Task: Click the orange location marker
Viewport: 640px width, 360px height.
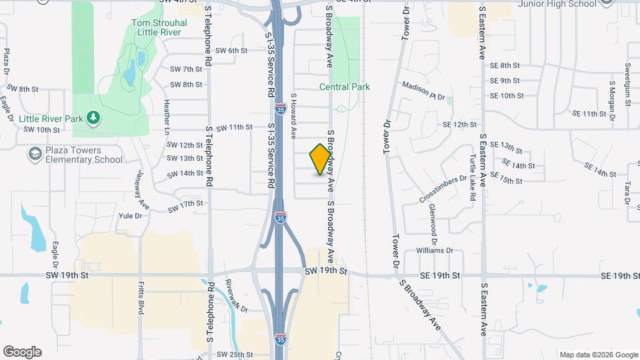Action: pyautogui.click(x=321, y=159)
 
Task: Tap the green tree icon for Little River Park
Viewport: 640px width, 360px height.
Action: pyautogui.click(x=94, y=119)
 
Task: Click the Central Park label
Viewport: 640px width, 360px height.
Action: pyautogui.click(x=345, y=87)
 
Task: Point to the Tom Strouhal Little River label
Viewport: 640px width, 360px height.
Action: pyautogui.click(x=159, y=27)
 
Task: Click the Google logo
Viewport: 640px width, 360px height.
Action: pyautogui.click(x=22, y=352)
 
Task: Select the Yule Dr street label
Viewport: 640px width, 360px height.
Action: pyautogui.click(x=130, y=216)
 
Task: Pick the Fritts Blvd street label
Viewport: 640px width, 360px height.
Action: pyautogui.click(x=141, y=316)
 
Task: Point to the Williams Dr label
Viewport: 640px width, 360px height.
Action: pyautogui.click(x=434, y=251)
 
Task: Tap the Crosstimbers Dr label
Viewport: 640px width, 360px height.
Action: pyautogui.click(x=443, y=189)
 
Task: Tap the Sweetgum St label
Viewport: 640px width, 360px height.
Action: pyautogui.click(x=627, y=79)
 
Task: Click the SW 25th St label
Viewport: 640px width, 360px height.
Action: pyautogui.click(x=234, y=354)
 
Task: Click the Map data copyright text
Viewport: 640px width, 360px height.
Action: pyautogui.click(x=598, y=355)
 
